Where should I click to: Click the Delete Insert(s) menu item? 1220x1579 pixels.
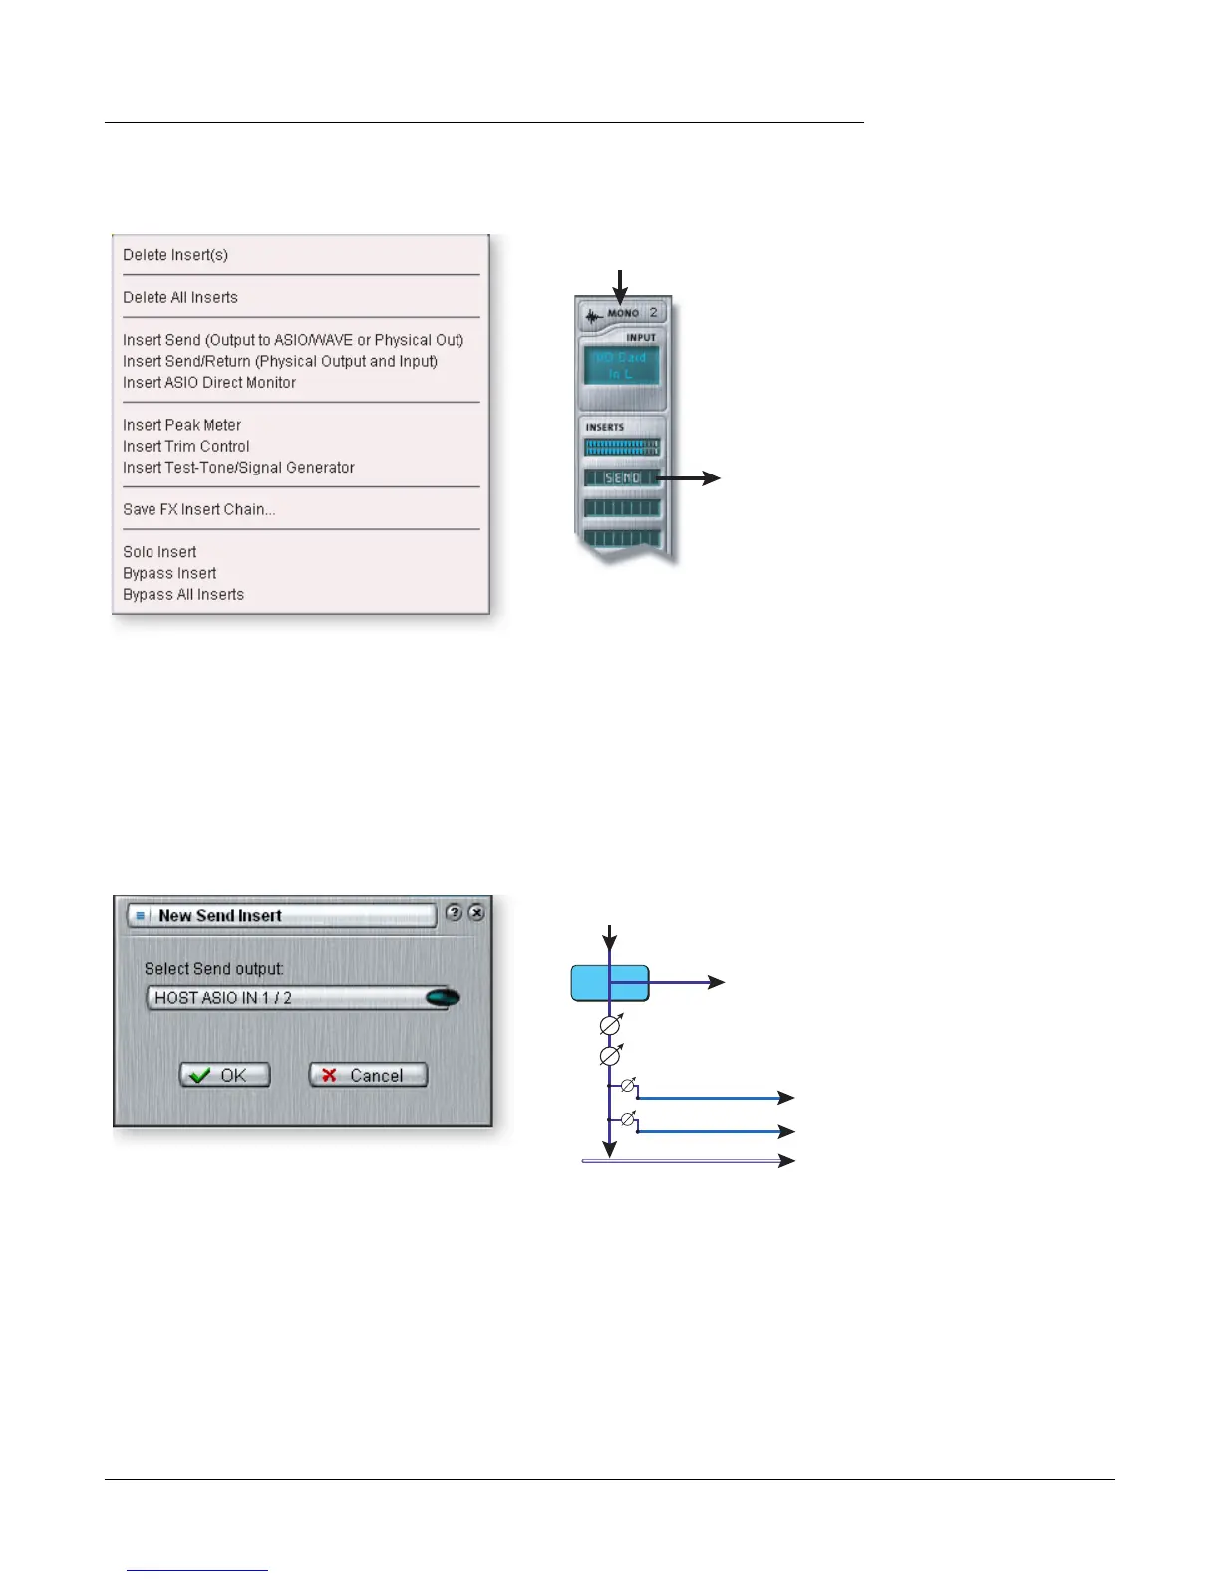point(175,255)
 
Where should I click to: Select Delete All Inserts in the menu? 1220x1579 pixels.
point(180,297)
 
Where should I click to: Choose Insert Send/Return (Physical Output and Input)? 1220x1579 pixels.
point(280,361)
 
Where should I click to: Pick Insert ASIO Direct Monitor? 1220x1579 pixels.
point(209,382)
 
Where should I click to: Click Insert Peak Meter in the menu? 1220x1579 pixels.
point(181,425)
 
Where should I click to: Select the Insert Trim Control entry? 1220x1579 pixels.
point(186,446)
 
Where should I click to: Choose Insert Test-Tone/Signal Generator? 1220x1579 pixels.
point(238,467)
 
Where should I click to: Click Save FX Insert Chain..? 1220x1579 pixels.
point(198,509)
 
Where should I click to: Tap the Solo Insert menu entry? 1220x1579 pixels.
point(159,552)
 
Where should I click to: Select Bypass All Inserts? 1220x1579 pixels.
point(183,594)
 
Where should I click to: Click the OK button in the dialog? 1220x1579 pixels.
point(225,1075)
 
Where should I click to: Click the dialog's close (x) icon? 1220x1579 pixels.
point(477,912)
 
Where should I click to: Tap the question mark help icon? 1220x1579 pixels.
point(455,912)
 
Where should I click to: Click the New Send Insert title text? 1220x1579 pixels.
point(220,915)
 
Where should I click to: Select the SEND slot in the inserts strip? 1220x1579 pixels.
point(622,478)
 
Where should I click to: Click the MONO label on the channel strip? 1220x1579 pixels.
point(623,313)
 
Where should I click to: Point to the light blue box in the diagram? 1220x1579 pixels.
point(610,983)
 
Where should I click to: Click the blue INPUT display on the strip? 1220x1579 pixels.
point(621,366)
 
